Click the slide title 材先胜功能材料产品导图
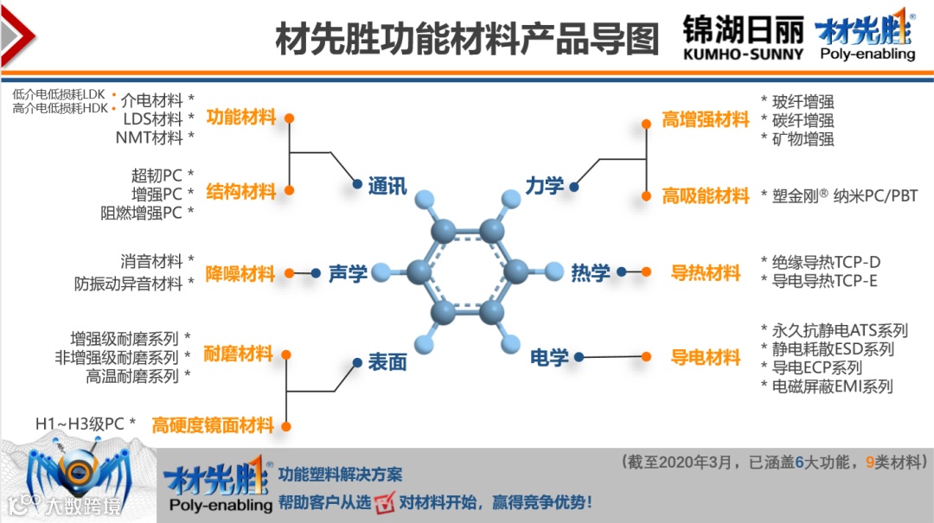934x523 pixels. coord(467,38)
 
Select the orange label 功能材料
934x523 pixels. coord(240,117)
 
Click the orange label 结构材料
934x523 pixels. coord(240,190)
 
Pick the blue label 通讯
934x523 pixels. coord(387,185)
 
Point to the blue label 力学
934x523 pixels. coord(545,185)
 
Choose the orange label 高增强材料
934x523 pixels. coord(705,120)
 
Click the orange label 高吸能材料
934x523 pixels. coord(705,196)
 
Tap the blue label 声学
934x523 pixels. coord(348,273)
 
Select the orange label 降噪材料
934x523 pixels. coord(240,274)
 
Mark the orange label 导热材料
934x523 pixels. coord(706,273)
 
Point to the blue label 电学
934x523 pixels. coord(549,356)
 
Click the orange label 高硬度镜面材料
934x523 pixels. coord(213,425)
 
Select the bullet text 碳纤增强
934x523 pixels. coord(803,120)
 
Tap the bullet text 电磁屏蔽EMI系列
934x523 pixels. coord(832,386)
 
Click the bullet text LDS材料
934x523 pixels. coord(153,118)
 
